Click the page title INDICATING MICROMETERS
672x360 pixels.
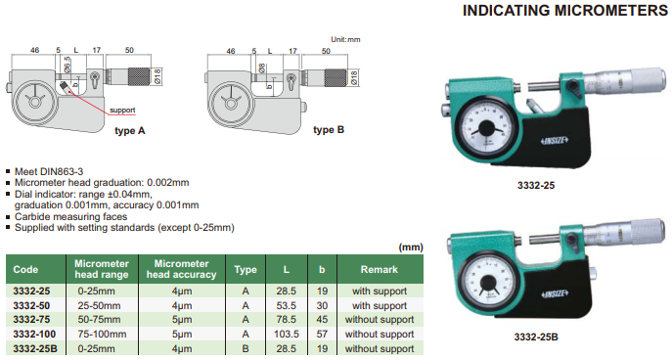[564, 11]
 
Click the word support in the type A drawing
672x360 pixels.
[122, 111]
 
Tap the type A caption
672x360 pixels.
[130, 131]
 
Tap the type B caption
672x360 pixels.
[329, 129]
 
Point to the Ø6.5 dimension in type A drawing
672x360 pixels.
[67, 65]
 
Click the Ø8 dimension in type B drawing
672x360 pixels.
[262, 67]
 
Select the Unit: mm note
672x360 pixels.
[345, 39]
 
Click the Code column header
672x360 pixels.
[25, 270]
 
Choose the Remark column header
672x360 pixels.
[380, 270]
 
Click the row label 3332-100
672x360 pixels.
[34, 334]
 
